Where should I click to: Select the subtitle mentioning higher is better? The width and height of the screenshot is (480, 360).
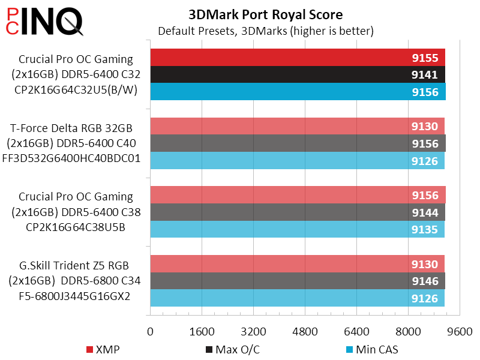pyautogui.click(x=266, y=30)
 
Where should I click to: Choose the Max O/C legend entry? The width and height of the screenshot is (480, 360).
pyautogui.click(x=233, y=349)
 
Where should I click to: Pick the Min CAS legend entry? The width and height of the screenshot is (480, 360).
pyautogui.click(x=372, y=349)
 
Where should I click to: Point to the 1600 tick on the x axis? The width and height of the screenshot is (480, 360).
pyautogui.click(x=202, y=331)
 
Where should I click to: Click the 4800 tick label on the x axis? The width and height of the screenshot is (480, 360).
pyautogui.click(x=305, y=331)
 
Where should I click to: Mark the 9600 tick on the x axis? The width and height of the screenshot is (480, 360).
pyautogui.click(x=460, y=331)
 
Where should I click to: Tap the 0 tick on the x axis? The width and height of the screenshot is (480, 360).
pyautogui.click(x=150, y=331)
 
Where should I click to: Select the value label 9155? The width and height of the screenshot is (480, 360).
pyautogui.click(x=424, y=58)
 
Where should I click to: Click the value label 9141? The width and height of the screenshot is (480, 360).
pyautogui.click(x=424, y=75)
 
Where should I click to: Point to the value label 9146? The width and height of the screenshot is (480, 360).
pyautogui.click(x=424, y=281)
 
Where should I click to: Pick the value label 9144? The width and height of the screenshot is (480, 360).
pyautogui.click(x=424, y=212)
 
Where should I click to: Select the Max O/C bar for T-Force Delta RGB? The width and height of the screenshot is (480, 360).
pyautogui.click(x=298, y=143)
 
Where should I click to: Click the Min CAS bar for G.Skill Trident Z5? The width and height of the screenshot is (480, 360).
pyautogui.click(x=297, y=298)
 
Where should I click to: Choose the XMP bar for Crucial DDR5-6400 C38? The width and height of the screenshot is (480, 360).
pyautogui.click(x=298, y=195)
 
